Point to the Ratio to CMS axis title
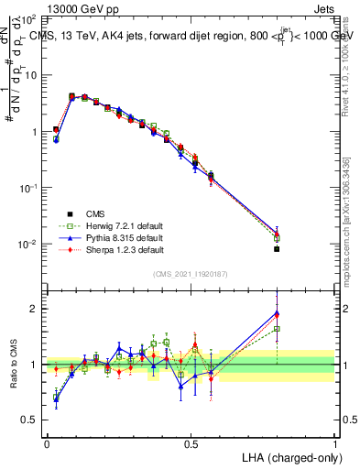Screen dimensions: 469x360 pos(16,365)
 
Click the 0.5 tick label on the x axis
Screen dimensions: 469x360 pos(191,443)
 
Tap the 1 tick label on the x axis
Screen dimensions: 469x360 pos(334,443)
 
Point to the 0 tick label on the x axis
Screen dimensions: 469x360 pos(47,443)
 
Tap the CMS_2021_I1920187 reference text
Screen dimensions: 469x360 pos(191,273)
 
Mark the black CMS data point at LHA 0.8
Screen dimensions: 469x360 pos(277,249)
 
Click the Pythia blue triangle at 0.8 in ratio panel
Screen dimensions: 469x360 pos(277,313)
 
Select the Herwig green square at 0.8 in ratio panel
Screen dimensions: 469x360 pos(277,329)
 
